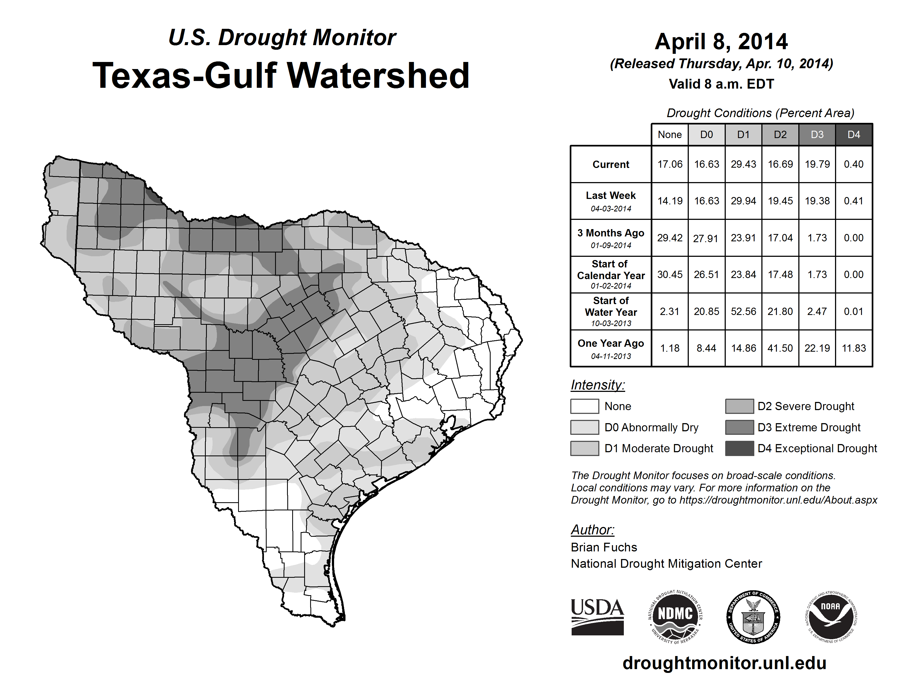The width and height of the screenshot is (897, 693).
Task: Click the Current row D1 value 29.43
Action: pos(743,164)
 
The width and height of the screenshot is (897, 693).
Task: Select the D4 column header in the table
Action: pos(854,135)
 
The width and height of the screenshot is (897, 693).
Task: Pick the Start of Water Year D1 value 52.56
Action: pos(743,312)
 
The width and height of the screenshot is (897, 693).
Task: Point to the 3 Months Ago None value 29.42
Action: pos(669,238)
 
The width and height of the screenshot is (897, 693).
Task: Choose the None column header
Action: pos(669,135)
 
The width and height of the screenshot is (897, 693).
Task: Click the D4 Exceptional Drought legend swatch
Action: pos(739,448)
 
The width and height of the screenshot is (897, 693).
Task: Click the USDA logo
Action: pos(597,617)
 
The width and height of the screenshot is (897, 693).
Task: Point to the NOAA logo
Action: pos(830,617)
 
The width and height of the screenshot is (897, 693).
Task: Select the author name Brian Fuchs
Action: pos(604,547)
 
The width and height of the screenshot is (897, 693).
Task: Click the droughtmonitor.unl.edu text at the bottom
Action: pos(724,663)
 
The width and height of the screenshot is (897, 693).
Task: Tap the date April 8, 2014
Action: pos(721,42)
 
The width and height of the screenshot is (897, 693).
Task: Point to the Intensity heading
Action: pos(597,385)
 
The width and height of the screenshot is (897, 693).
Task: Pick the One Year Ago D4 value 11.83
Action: pos(854,348)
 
